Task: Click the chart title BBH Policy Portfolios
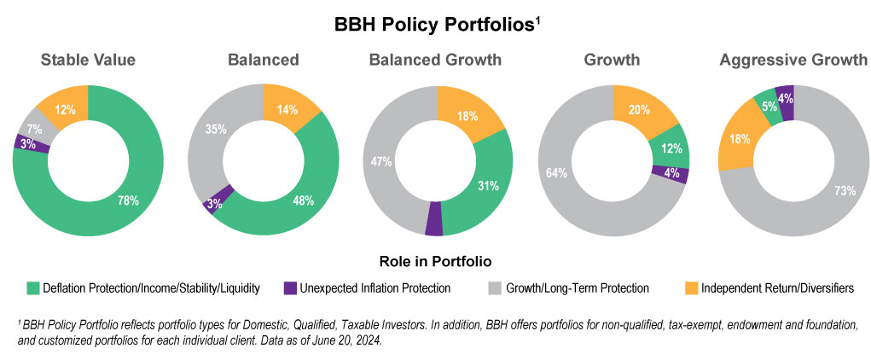point(435,26)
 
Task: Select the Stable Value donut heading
point(88,60)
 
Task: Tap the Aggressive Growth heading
point(793,60)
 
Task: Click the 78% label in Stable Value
point(129,201)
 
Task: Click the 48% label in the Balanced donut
point(303,201)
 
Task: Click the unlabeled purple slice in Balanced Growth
point(434,219)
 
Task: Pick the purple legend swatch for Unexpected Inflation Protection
point(289,288)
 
